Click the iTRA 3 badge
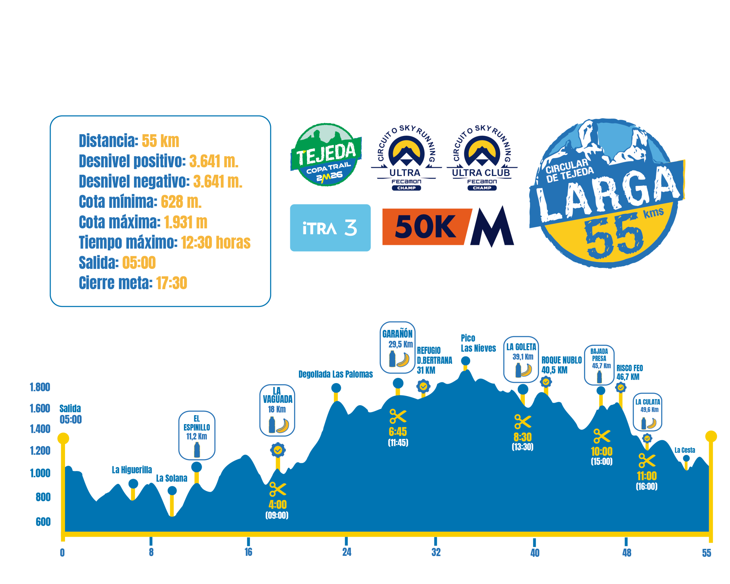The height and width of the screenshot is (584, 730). [x=330, y=228]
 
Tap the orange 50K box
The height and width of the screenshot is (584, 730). [x=426, y=227]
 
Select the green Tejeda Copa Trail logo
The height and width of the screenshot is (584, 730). [x=326, y=155]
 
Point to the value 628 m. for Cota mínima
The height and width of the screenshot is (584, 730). [x=181, y=202]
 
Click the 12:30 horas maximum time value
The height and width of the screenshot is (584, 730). [x=216, y=243]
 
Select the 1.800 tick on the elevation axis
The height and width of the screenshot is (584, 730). [x=40, y=387]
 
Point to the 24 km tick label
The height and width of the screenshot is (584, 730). [x=346, y=552]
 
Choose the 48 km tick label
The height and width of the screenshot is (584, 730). [x=626, y=553]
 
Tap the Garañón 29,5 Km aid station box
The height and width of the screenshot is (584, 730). [x=398, y=347]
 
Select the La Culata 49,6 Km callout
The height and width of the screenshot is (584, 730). [x=647, y=412]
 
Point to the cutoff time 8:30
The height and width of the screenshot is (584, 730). [x=522, y=437]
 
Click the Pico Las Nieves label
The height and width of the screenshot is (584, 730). [x=478, y=343]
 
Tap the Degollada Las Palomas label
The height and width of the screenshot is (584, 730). [x=336, y=374]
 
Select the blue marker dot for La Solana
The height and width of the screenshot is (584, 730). [x=172, y=490]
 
